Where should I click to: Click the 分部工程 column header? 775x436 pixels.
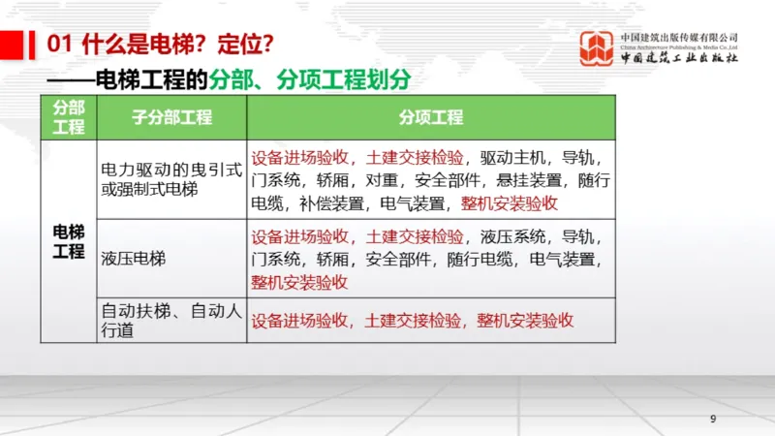69,118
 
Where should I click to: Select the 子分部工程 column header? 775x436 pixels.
171,118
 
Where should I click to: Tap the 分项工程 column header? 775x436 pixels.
431,118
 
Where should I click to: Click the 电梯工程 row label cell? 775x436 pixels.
69,240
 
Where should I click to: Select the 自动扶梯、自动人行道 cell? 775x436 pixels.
170,321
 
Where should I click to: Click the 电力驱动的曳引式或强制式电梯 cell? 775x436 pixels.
170,178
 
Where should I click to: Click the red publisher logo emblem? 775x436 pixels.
597,48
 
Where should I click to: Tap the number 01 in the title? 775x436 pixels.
61,44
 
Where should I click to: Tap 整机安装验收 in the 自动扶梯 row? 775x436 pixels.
526,321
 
